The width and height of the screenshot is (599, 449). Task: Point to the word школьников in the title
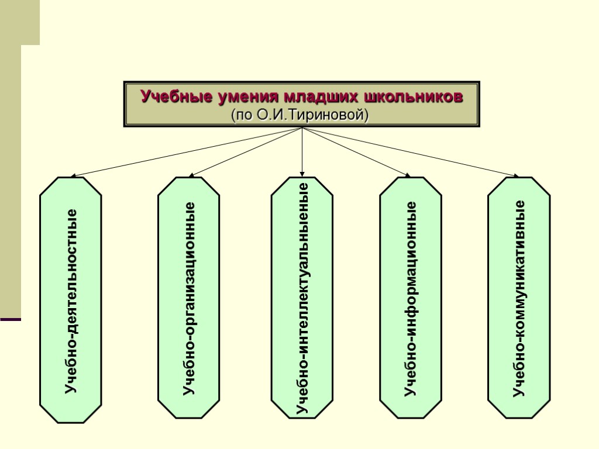[x=413, y=96]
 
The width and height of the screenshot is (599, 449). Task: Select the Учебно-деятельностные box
[x=71, y=300]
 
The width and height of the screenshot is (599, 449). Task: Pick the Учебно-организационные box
[x=189, y=298]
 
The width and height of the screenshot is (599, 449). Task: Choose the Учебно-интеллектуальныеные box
[x=302, y=298]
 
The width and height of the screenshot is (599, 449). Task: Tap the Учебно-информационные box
[x=411, y=298]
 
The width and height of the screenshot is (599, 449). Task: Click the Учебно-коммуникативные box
[x=519, y=298]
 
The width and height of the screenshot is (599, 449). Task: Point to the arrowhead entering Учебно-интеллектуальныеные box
[x=302, y=173]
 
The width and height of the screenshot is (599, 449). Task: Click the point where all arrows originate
[x=302, y=128]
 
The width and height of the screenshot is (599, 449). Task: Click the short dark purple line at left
[x=11, y=319]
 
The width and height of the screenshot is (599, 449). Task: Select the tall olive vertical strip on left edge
[x=11, y=175]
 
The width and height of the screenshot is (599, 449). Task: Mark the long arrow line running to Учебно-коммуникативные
[x=409, y=152]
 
